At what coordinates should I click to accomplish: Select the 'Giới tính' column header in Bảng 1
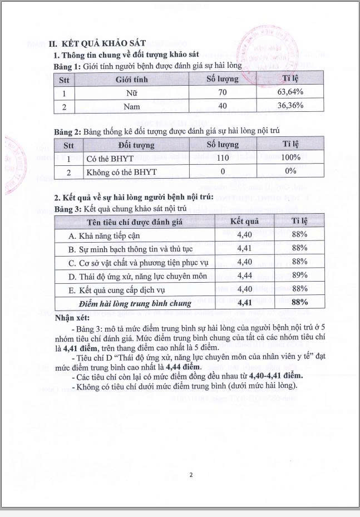[x=131, y=79]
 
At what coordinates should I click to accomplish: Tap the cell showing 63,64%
[x=290, y=92]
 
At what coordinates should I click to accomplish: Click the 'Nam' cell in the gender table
[x=131, y=106]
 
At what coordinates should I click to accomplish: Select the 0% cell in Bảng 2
[x=290, y=172]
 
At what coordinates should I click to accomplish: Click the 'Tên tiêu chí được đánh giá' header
[x=134, y=221]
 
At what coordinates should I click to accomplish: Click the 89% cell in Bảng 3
[x=299, y=276]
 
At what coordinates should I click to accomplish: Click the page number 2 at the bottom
[x=190, y=475]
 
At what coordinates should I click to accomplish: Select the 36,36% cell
[x=290, y=106]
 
